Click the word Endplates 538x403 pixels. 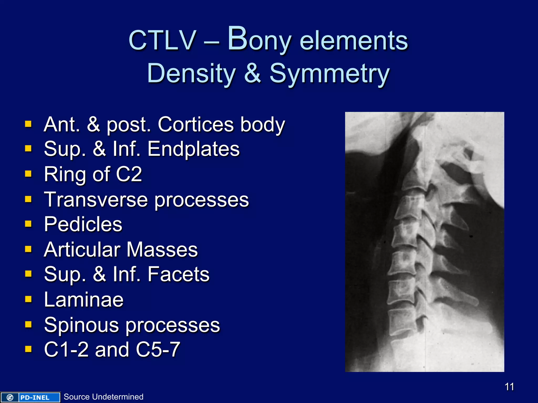[193, 149]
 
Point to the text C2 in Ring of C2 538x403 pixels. [129, 174]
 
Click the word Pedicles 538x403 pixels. [83, 224]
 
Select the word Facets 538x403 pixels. [178, 274]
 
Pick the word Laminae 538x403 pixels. [84, 300]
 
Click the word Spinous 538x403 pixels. [81, 325]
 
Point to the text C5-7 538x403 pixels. [158, 349]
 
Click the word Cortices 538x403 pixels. [196, 124]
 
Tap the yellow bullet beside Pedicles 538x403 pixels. [28, 224]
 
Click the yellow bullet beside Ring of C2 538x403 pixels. [28, 173]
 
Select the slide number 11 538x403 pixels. [509, 387]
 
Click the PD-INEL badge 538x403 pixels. [30, 397]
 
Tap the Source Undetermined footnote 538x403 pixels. [104, 397]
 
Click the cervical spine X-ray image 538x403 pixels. [425, 242]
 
